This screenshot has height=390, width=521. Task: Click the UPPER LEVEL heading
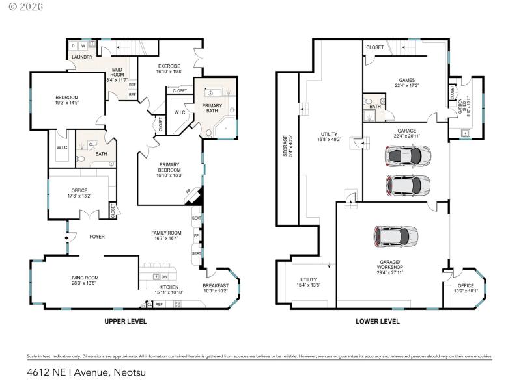[x=126, y=321]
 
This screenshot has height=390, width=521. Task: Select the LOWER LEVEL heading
[x=377, y=321]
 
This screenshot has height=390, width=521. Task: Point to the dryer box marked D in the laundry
[x=73, y=46]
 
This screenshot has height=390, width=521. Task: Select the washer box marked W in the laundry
[x=83, y=46]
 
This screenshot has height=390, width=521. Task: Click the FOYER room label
[x=97, y=237]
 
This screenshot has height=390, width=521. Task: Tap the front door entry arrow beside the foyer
[x=68, y=237]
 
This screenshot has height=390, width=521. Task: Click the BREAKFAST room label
[x=216, y=285]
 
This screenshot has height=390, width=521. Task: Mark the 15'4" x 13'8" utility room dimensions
[x=308, y=285]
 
